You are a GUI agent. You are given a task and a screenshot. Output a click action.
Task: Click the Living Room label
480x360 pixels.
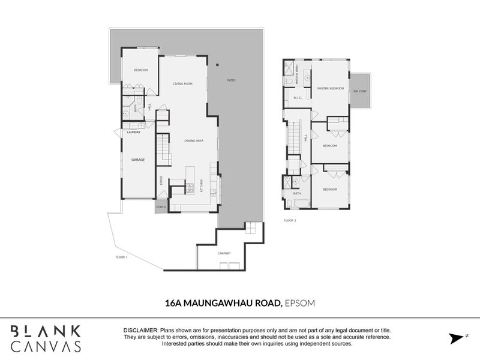click(182, 83)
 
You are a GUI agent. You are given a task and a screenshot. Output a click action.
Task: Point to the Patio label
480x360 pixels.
click(231, 80)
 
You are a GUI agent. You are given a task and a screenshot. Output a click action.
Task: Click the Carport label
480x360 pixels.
click(224, 254)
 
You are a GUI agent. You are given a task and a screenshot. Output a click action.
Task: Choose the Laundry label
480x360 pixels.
click(133, 131)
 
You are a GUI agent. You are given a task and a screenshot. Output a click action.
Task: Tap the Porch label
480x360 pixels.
click(161, 207)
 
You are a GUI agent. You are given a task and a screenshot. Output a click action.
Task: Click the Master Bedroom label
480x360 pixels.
click(331, 88)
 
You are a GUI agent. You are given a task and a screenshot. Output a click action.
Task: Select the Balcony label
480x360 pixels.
click(360, 91)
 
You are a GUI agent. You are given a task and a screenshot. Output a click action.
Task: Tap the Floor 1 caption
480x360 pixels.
click(122, 257)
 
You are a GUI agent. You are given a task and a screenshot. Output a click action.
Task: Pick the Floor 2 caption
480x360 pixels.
click(290, 220)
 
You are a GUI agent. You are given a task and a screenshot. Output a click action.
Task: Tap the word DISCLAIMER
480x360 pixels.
click(140, 331)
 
